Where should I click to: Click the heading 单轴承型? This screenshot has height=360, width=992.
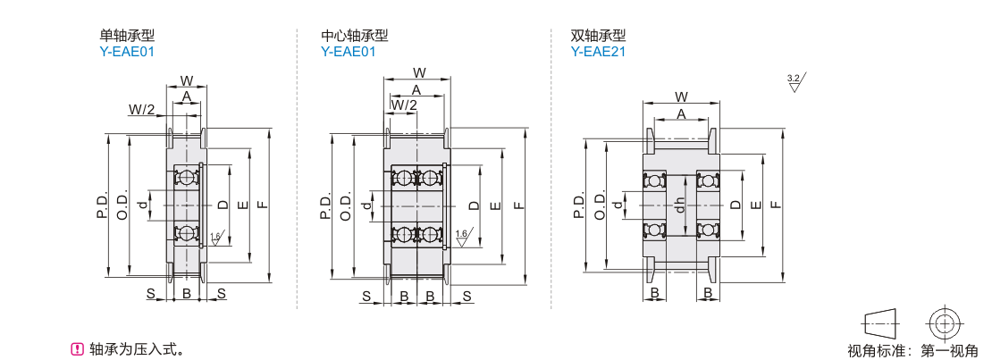pos(127,36)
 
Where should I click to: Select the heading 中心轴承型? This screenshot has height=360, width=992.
pos(354,36)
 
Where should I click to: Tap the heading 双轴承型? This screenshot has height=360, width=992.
pos(598,36)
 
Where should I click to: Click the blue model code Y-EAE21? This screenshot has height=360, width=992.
pos(598,52)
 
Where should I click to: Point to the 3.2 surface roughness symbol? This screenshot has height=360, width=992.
pos(795,83)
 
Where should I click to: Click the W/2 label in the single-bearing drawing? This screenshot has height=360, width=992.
pos(142,110)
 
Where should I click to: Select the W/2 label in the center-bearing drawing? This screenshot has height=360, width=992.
pos(404,105)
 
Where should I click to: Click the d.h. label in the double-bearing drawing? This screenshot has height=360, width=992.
pos(679,204)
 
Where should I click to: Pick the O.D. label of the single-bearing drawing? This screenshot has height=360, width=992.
pos(122,205)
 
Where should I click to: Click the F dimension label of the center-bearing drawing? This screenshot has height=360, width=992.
pos(517,205)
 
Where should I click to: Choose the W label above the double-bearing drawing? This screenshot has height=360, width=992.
pos(681,96)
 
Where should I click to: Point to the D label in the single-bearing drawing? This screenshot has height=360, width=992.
pos(223,205)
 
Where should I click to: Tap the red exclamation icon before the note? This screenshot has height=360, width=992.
pos(78,348)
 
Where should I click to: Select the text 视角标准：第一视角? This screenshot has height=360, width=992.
pos(912,350)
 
